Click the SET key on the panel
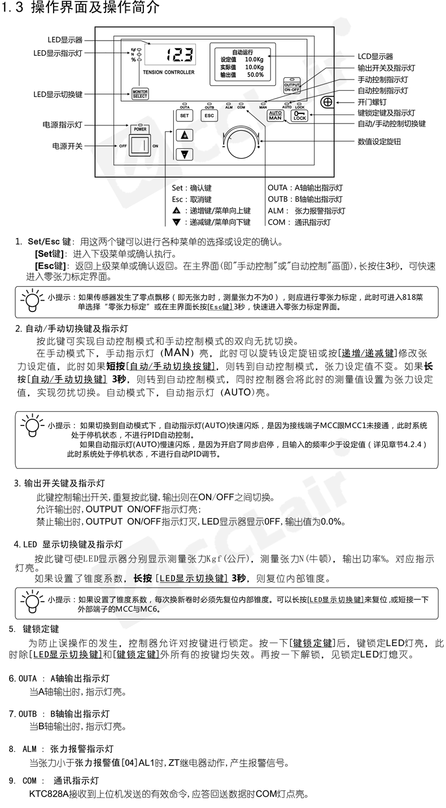click(x=184, y=116)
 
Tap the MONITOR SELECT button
click(x=139, y=94)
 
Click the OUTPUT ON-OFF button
click(x=292, y=86)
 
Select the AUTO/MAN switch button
click(x=275, y=116)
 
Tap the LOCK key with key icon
click(x=300, y=116)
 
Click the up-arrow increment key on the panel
click(x=184, y=135)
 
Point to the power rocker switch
click(x=139, y=146)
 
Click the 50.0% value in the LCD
click(x=255, y=74)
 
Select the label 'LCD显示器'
click(x=375, y=56)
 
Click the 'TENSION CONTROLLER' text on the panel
click(x=168, y=72)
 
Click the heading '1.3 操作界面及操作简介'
click(x=81, y=8)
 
